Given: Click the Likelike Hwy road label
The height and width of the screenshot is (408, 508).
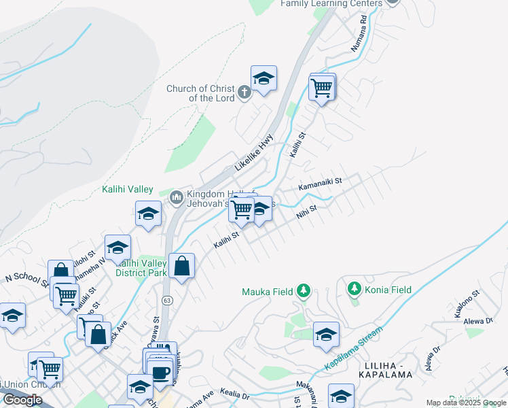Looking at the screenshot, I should click(x=254, y=151).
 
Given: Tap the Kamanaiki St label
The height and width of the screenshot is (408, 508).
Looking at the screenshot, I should click(x=319, y=184).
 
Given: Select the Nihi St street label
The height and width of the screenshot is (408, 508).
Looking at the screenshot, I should click(x=306, y=213).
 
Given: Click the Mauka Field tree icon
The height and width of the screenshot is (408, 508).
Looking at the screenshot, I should click(x=304, y=292).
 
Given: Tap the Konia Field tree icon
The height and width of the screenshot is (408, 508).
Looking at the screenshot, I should click(x=354, y=290).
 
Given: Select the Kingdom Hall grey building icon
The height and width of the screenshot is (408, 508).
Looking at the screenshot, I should click(x=177, y=197).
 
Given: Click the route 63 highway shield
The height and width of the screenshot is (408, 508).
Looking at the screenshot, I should click(x=166, y=299).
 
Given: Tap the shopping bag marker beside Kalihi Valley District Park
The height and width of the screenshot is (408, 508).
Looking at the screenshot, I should click(x=181, y=266).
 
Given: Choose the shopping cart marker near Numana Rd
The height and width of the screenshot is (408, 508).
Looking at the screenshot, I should click(x=321, y=86).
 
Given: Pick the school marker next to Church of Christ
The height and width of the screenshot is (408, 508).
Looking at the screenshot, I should click(x=264, y=78).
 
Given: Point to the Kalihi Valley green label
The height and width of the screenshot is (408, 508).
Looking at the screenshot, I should click(x=128, y=189).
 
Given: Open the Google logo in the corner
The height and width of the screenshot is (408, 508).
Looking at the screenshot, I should click(x=22, y=400).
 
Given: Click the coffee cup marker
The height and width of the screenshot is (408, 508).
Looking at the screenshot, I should click(x=161, y=372).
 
